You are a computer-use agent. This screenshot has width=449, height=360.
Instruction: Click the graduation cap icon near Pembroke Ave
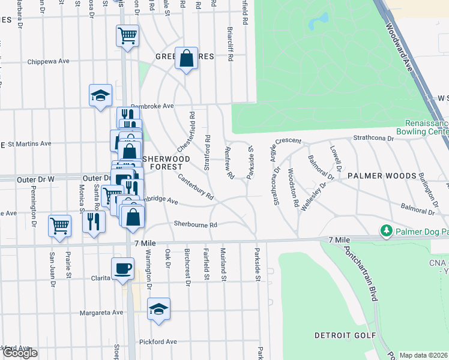click(x=101, y=95)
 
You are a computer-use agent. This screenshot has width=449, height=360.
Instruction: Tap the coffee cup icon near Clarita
click(x=123, y=268)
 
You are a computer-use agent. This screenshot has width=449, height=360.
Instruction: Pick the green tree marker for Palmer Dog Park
click(x=387, y=230)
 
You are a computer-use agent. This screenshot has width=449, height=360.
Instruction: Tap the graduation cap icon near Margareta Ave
click(x=158, y=309)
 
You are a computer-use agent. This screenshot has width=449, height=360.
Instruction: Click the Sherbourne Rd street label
click(x=194, y=224)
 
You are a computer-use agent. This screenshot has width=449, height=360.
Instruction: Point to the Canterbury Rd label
click(x=196, y=187)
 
